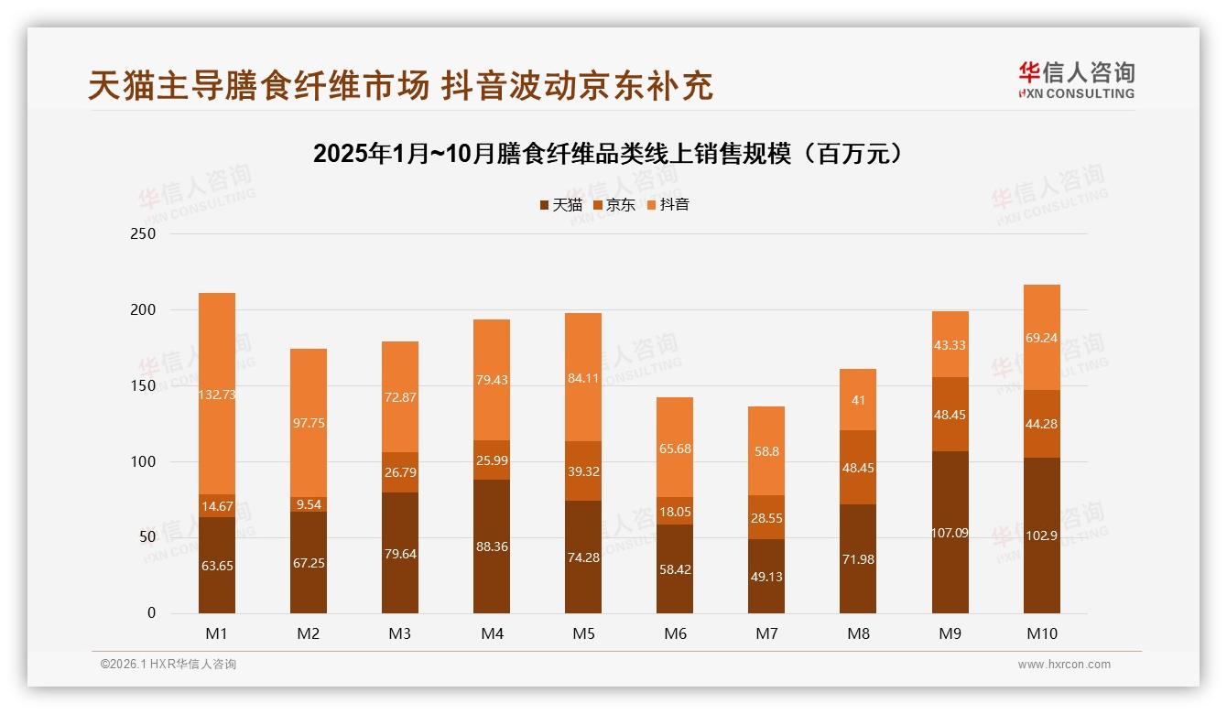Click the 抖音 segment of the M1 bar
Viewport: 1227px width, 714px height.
pos(217,394)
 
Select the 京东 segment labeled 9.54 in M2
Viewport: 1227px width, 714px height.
pos(309,504)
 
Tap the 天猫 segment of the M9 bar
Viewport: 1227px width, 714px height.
pos(950,532)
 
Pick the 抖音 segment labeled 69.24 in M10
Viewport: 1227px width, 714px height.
pos(1041,338)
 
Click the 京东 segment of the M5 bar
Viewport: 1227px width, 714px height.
pos(583,471)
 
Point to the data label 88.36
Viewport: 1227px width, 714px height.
pos(492,546)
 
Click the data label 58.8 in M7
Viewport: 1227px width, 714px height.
pos(766,451)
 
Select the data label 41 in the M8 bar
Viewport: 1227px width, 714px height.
pos(858,400)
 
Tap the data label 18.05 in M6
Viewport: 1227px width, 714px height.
pos(675,514)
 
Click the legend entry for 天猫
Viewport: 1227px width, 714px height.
pos(560,205)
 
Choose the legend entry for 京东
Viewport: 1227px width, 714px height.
pos(614,205)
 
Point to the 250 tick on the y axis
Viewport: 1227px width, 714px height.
pos(143,234)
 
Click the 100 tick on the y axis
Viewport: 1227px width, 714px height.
pos(143,462)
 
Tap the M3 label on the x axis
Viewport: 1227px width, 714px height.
pos(400,633)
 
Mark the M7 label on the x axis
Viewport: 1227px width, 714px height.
pos(766,633)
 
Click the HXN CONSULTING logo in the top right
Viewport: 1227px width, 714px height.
pos(1076,81)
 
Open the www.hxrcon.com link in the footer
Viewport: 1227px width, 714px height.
pos(1064,665)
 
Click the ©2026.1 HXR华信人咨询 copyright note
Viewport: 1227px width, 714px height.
pos(168,665)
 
